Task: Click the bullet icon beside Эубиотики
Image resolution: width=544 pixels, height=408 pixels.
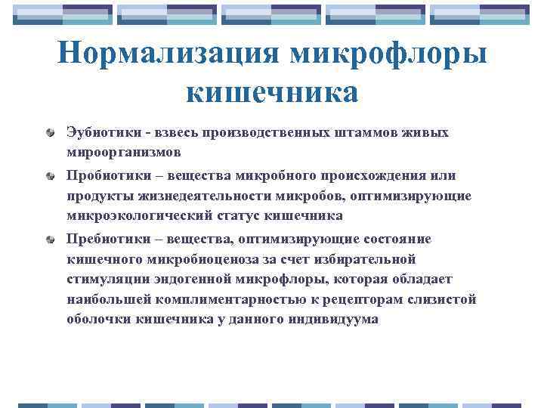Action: (x=49, y=133)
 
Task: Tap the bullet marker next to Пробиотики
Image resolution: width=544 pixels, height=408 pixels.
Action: (x=49, y=176)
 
